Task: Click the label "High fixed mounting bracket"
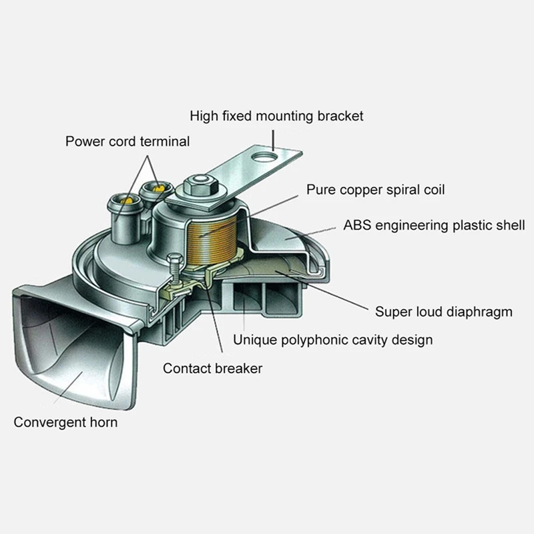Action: tap(276, 116)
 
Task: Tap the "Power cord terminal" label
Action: tap(127, 142)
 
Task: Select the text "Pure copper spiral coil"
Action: tap(375, 190)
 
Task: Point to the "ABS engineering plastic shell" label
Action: tap(434, 225)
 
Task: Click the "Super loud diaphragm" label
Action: tap(443, 311)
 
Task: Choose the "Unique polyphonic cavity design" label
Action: tap(332, 340)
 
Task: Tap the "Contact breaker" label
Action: tap(213, 368)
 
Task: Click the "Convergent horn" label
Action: tap(66, 422)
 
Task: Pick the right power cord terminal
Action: tap(158, 190)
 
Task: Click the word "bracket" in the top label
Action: tap(341, 116)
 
